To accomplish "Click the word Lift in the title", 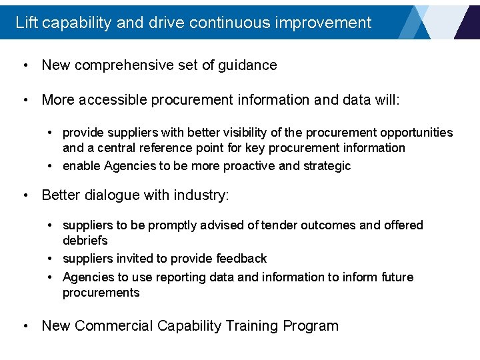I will click(26, 22).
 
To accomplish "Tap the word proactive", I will click(248, 166).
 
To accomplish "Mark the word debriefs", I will click(85, 240).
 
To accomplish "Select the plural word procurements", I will click(101, 293).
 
